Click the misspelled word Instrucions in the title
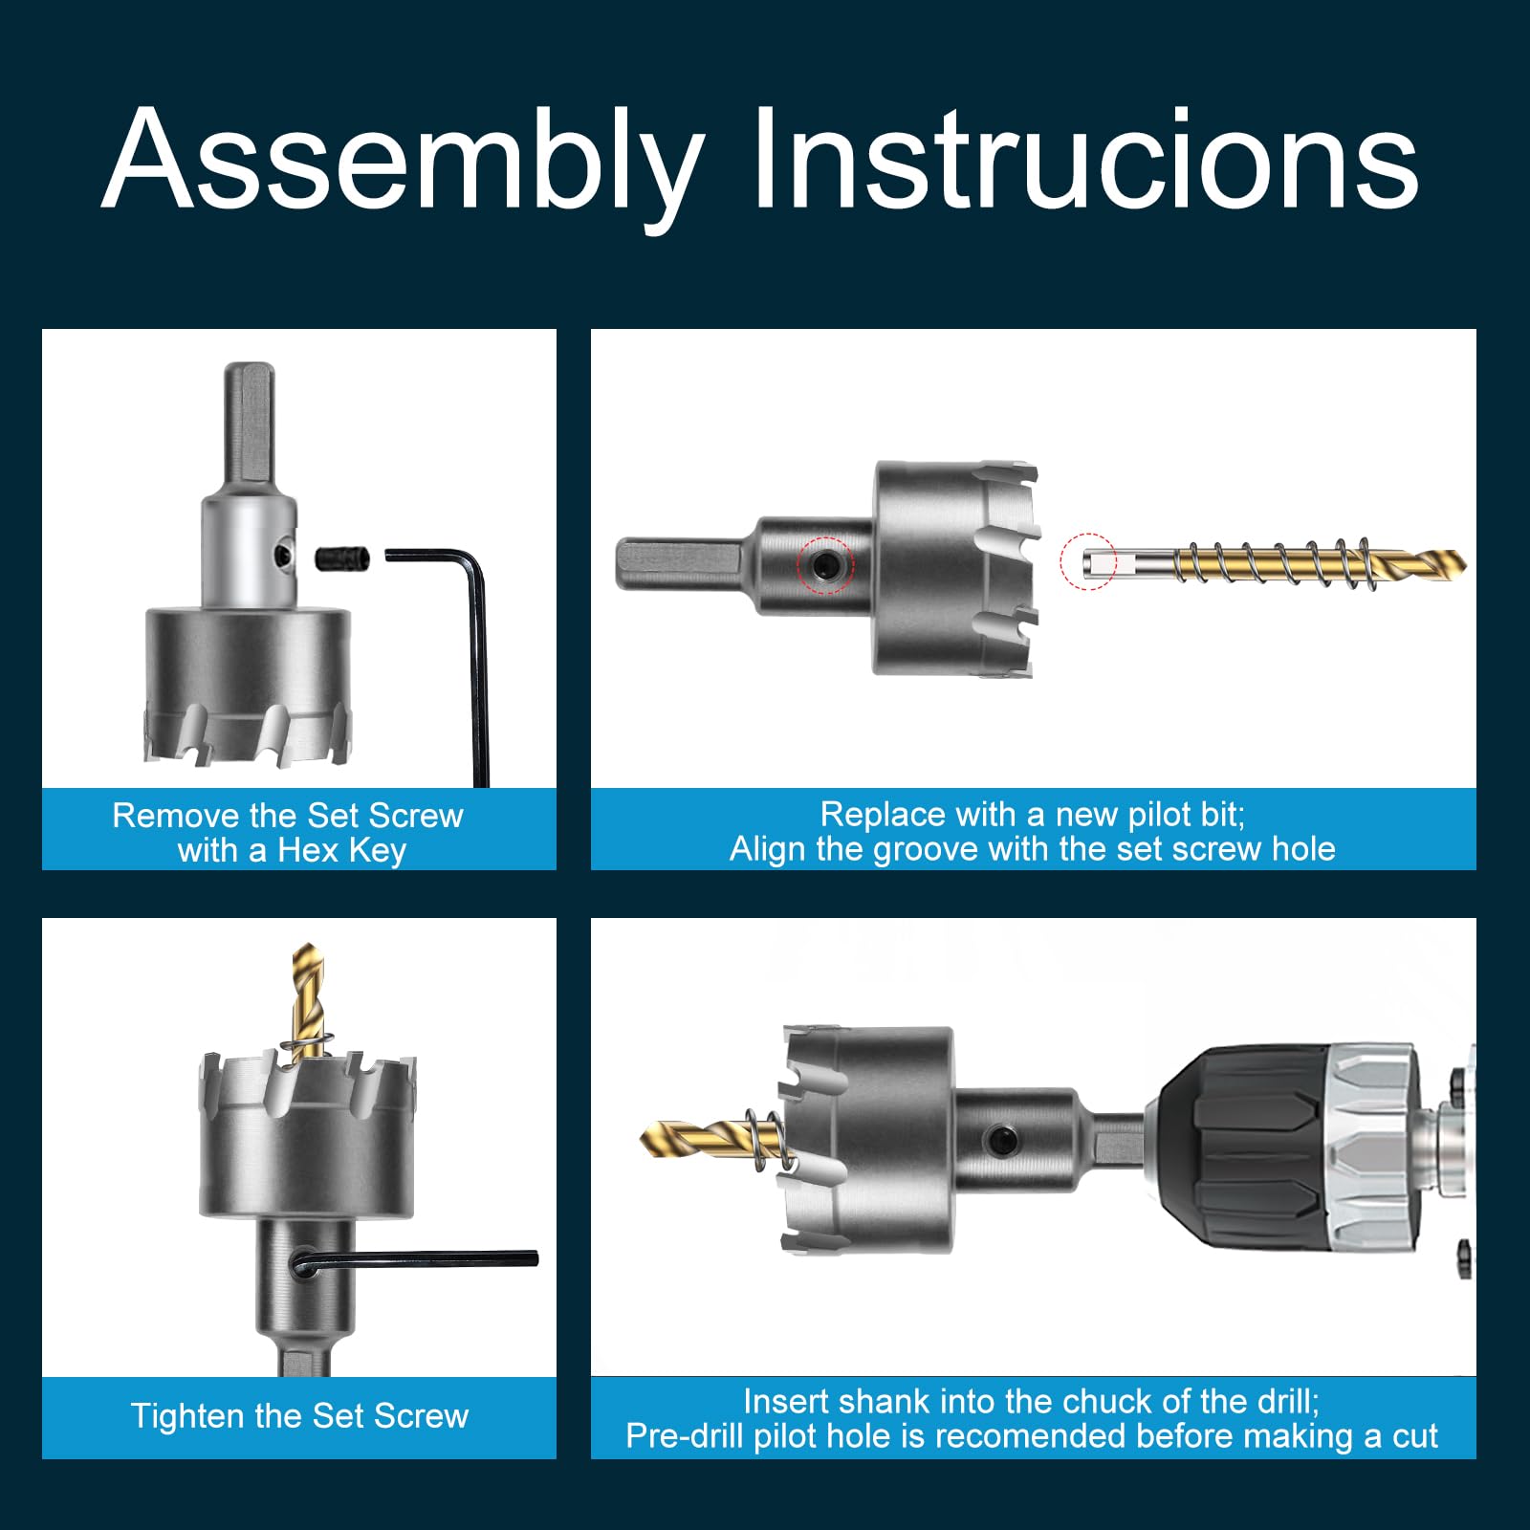[1086, 158]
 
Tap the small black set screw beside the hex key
[341, 557]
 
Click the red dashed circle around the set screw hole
[825, 565]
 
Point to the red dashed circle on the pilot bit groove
[1088, 561]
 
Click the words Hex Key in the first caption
[341, 850]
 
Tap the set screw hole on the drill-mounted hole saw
[1001, 1139]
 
